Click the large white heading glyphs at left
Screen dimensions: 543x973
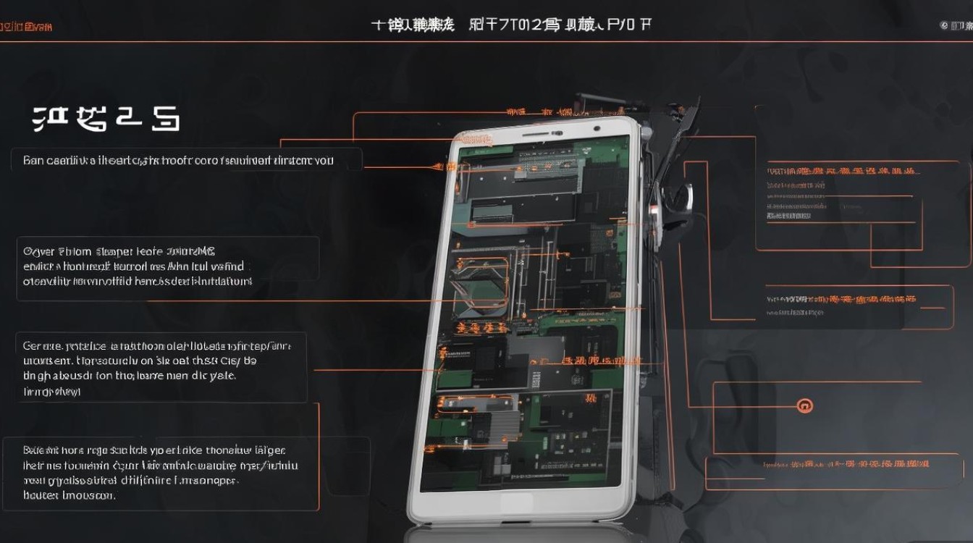coord(106,119)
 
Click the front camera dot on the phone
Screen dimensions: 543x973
coord(597,129)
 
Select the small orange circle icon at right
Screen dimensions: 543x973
coord(804,406)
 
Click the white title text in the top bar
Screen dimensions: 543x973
coord(510,25)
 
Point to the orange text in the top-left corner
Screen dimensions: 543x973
coord(26,27)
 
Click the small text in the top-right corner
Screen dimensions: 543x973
coord(955,26)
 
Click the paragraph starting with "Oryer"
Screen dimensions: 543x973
coord(138,266)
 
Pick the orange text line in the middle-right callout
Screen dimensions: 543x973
coord(840,298)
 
